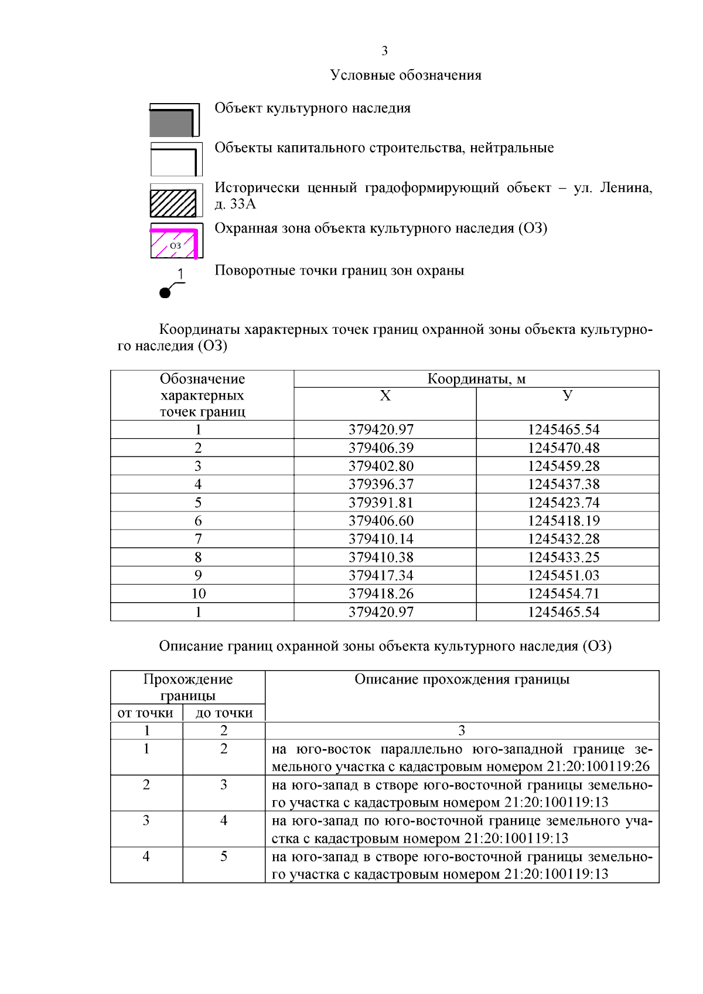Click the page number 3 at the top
point(384,51)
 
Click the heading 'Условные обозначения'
point(405,75)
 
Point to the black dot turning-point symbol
point(165,292)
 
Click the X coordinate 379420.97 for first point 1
point(381,429)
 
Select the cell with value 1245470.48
point(564,448)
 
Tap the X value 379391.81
point(381,503)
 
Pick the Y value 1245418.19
point(564,521)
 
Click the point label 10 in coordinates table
point(199,593)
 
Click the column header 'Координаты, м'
point(476,379)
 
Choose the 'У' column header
point(567,395)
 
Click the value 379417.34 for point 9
point(381,575)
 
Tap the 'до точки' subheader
point(224,713)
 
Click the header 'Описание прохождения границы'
point(462,679)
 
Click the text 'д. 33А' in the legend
point(236,204)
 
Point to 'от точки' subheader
point(145,713)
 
